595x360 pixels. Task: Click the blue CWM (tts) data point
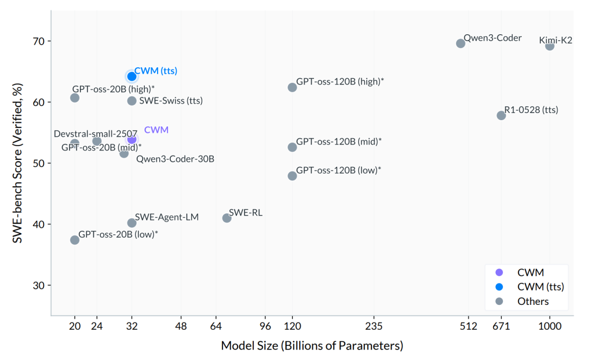coord(132,76)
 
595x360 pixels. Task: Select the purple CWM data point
coord(132,139)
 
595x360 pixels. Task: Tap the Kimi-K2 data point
coord(549,46)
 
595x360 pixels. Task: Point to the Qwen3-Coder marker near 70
coord(461,43)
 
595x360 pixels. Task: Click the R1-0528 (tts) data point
coord(501,115)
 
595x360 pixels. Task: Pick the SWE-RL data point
coord(226,218)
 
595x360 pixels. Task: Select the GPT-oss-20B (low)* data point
coord(75,240)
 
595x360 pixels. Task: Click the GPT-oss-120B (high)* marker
coord(292,87)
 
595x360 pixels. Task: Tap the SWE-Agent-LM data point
coord(132,223)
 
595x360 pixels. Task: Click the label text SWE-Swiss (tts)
coord(171,101)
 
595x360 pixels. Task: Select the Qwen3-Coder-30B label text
coord(175,159)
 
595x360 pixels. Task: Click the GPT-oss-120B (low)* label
coord(338,170)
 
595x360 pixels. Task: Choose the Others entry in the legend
coord(533,301)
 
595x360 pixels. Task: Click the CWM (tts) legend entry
coord(540,287)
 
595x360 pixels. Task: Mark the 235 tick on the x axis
coord(374,326)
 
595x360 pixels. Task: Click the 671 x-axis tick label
coord(501,326)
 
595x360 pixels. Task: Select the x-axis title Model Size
coord(312,346)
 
